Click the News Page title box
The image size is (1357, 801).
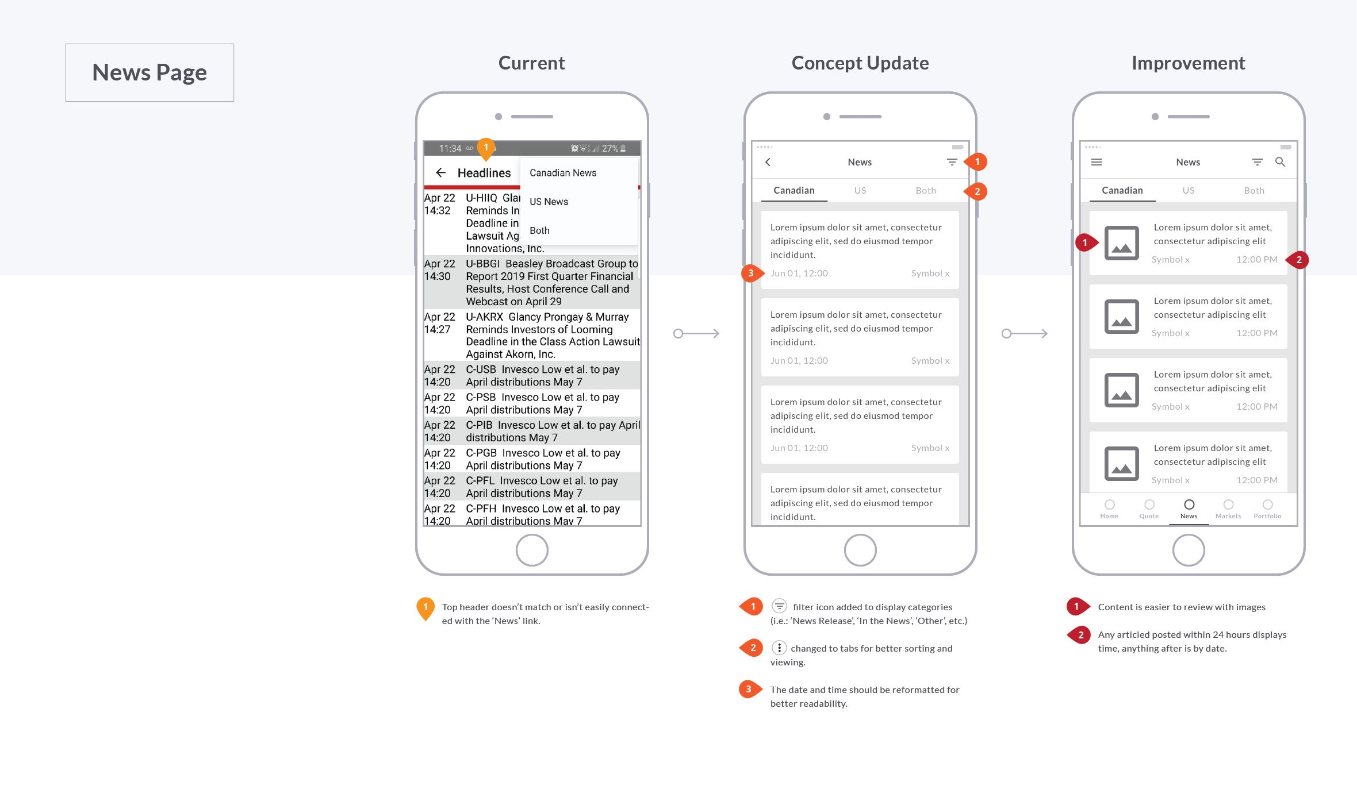(x=149, y=72)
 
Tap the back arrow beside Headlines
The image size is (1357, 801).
(x=441, y=172)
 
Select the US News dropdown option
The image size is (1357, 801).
(x=549, y=202)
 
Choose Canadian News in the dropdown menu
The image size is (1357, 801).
(x=562, y=173)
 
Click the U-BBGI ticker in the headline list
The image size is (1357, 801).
(x=482, y=264)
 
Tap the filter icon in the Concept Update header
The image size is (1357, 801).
(x=952, y=162)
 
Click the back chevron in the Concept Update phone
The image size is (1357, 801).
(x=768, y=162)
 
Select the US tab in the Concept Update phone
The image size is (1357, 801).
(x=860, y=190)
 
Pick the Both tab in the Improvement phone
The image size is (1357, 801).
(x=1253, y=190)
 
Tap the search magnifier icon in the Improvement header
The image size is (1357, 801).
(x=1280, y=162)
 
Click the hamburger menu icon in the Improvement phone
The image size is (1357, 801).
(x=1097, y=162)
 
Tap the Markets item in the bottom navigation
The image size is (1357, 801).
(x=1228, y=509)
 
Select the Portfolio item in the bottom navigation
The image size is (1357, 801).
(x=1267, y=509)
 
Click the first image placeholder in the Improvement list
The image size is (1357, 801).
(x=1121, y=243)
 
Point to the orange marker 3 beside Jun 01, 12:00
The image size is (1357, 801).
(x=750, y=274)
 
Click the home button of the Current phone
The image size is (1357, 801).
(x=532, y=550)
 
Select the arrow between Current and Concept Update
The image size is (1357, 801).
(x=696, y=333)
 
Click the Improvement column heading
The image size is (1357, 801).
(x=1188, y=63)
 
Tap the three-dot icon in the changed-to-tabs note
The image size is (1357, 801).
(x=779, y=648)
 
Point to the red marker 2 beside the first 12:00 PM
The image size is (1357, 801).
(x=1298, y=260)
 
